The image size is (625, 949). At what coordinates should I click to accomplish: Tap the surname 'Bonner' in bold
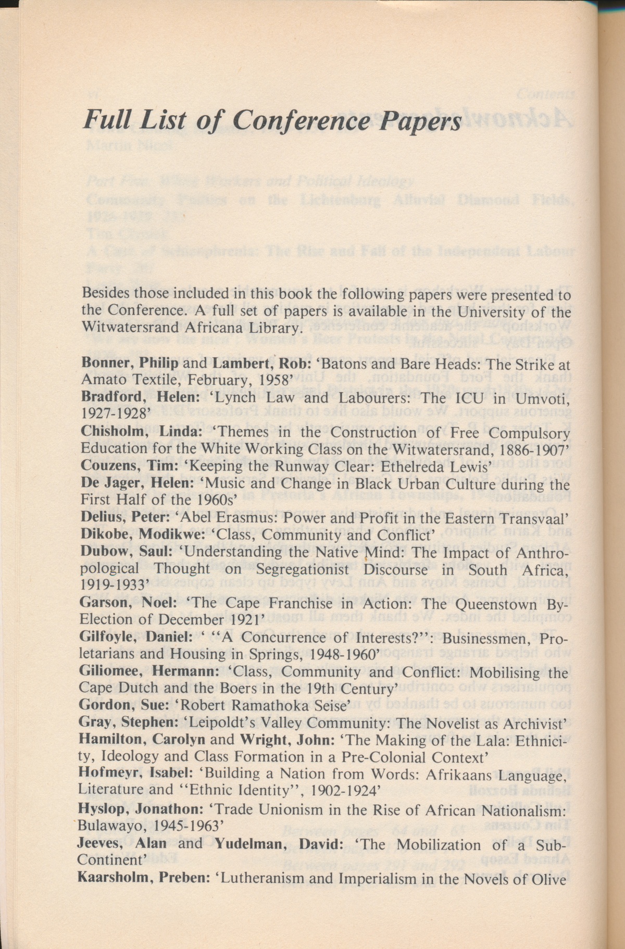click(102, 364)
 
